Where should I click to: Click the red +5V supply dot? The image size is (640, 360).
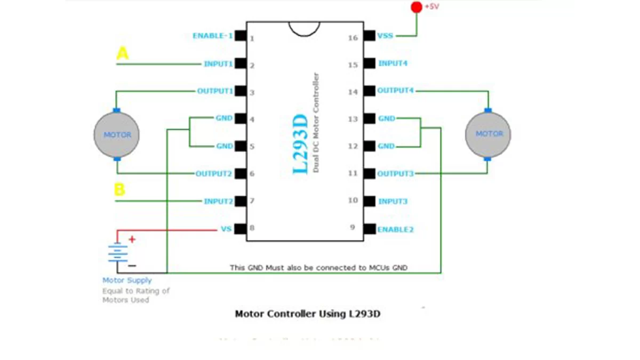(x=416, y=7)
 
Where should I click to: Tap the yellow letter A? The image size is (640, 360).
(x=123, y=53)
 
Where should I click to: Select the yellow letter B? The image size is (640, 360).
(x=120, y=189)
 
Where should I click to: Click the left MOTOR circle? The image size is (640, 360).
(x=117, y=135)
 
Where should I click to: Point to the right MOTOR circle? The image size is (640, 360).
(x=488, y=134)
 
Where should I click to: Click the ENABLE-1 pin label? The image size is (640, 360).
(x=212, y=36)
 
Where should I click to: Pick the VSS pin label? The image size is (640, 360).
(x=385, y=36)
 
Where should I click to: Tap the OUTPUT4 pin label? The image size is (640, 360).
(x=395, y=91)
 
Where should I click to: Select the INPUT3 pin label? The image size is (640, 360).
(x=393, y=202)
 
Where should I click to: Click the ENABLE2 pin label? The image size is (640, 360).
(x=395, y=229)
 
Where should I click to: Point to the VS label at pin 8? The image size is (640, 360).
(x=226, y=229)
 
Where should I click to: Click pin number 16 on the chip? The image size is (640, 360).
(x=353, y=37)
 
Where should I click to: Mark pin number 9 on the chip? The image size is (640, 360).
(x=353, y=227)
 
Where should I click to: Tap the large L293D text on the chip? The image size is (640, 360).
(x=301, y=144)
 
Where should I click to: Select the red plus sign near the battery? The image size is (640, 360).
(x=132, y=239)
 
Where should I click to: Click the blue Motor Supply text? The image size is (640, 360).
(x=127, y=281)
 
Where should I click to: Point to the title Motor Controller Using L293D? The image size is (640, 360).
(x=308, y=314)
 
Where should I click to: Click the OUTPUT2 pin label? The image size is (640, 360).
(x=214, y=173)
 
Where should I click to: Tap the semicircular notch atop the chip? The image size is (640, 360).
(x=305, y=28)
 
